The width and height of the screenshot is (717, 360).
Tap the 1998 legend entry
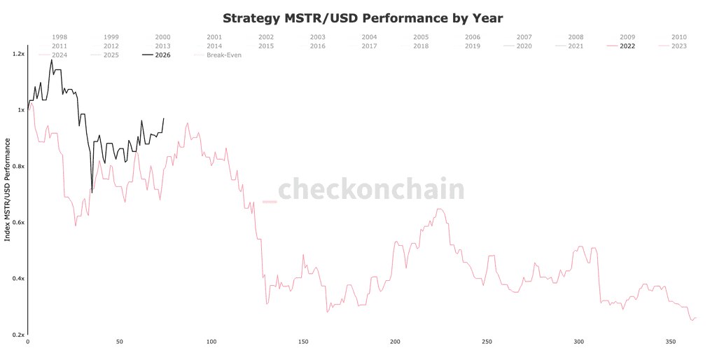(x=60, y=37)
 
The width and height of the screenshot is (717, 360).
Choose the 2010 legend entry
(x=678, y=37)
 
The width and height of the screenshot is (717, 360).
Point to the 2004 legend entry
(x=369, y=37)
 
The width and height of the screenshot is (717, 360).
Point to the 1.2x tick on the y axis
(x=17, y=54)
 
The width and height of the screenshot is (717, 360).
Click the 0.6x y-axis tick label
(x=17, y=223)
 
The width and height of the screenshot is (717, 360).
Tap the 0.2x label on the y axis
(x=17, y=335)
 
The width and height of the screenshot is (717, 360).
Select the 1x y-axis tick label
(x=20, y=110)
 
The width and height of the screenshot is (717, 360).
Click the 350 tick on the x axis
(x=670, y=342)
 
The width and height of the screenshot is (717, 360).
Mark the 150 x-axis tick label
(x=303, y=342)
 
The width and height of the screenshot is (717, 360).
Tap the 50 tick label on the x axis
(x=119, y=342)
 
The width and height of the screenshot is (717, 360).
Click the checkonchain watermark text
(x=371, y=190)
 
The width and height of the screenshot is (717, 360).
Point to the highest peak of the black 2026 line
(x=51, y=60)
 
